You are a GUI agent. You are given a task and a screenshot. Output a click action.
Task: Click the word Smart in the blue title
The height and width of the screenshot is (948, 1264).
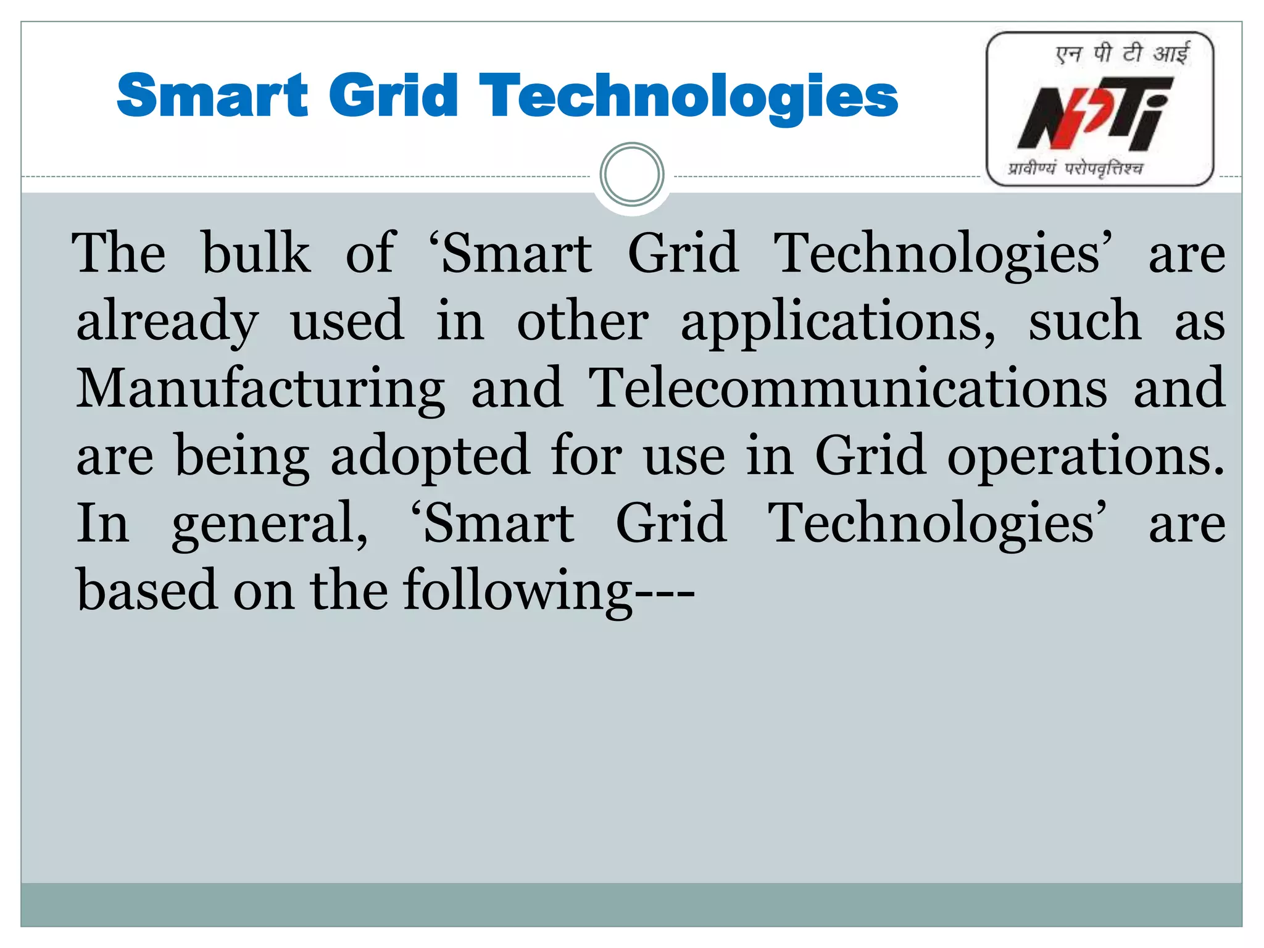pos(212,96)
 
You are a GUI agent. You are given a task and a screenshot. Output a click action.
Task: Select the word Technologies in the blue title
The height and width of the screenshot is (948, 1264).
pos(688,96)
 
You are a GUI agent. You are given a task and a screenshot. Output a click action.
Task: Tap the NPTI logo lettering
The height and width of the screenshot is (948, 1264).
pos(1094,114)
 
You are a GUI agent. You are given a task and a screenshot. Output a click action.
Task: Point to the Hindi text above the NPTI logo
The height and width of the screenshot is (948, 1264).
pos(1121,54)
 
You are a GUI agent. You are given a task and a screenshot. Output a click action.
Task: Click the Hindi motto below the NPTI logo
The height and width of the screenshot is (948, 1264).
pos(1075,168)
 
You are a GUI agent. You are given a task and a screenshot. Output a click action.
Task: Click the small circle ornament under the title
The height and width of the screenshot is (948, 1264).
pos(631,175)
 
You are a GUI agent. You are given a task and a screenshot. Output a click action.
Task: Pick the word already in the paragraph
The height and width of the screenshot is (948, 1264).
pos(167,321)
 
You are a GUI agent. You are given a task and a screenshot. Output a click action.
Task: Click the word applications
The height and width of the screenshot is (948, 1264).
pos(838,321)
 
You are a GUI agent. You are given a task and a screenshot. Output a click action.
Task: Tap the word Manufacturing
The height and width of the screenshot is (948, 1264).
pos(260,389)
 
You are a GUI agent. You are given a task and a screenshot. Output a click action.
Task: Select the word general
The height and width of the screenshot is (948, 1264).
pos(270,525)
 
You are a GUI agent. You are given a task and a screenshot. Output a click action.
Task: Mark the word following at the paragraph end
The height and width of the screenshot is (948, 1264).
pos(518,591)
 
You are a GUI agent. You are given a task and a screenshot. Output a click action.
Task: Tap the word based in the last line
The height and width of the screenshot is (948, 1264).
pos(147,590)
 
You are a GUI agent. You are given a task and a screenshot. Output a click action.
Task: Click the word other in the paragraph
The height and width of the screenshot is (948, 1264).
pos(583,321)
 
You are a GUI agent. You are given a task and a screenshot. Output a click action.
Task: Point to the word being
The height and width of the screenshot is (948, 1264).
pos(242,457)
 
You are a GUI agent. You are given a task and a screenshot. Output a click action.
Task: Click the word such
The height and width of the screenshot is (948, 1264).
pos(1084,321)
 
